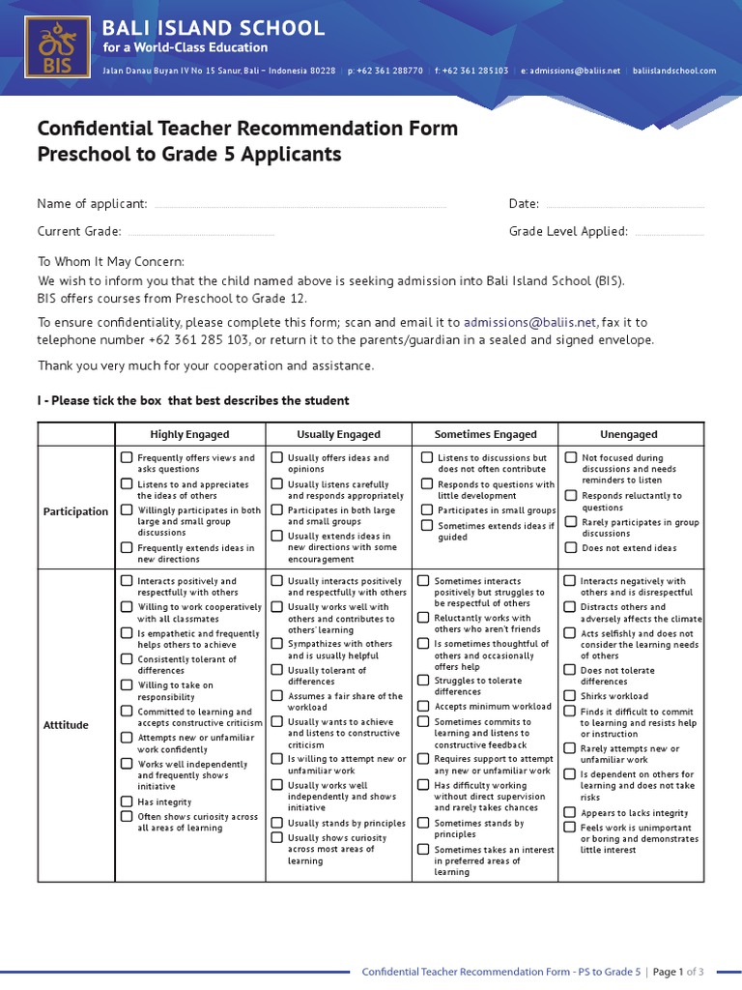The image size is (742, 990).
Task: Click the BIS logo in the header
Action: [x=55, y=45]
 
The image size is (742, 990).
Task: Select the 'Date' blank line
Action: [x=624, y=206]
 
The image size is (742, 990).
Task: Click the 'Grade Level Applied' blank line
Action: [x=670, y=233]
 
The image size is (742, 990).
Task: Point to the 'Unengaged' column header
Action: [x=629, y=434]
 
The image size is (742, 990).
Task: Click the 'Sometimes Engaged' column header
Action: [x=485, y=434]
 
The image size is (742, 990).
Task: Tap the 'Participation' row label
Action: [x=75, y=511]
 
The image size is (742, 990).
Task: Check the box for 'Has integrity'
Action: [x=127, y=801]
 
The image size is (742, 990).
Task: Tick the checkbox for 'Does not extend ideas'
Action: [x=571, y=547]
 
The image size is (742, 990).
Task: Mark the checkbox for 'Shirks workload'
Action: [x=571, y=695]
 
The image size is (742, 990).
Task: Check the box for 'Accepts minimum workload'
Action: [x=424, y=706]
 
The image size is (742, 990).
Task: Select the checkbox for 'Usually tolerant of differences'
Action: [x=277, y=669]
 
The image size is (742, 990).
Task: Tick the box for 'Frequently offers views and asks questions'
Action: [x=127, y=457]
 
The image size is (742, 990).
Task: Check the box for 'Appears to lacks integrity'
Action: [x=571, y=813]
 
